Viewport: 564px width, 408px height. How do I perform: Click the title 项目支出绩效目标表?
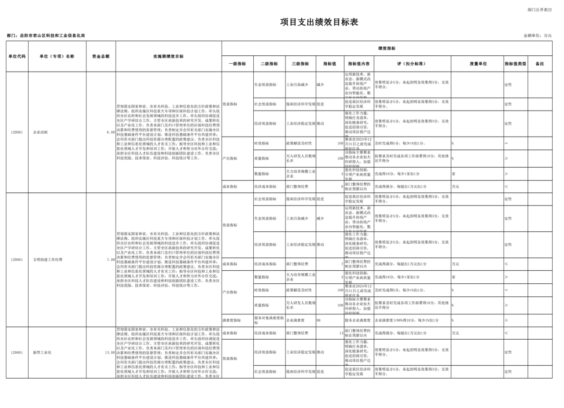click(x=319, y=22)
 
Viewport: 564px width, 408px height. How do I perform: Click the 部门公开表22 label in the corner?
click(x=540, y=10)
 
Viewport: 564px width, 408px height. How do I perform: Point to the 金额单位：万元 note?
click(x=537, y=36)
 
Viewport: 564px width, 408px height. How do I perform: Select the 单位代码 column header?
click(x=17, y=56)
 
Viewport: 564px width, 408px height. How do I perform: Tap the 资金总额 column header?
click(x=101, y=56)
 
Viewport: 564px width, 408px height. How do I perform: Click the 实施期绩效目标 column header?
click(x=168, y=56)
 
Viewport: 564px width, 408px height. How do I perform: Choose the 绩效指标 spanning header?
click(x=386, y=49)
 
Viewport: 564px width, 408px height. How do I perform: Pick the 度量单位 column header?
click(x=478, y=64)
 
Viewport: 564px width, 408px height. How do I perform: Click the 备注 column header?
click(x=540, y=64)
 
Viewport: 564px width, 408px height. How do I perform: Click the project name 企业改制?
click(x=41, y=132)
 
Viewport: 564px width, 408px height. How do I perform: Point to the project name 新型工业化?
click(x=42, y=352)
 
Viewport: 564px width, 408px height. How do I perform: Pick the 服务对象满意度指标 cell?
click(x=268, y=320)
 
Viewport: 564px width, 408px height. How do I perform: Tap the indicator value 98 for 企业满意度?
click(x=319, y=320)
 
